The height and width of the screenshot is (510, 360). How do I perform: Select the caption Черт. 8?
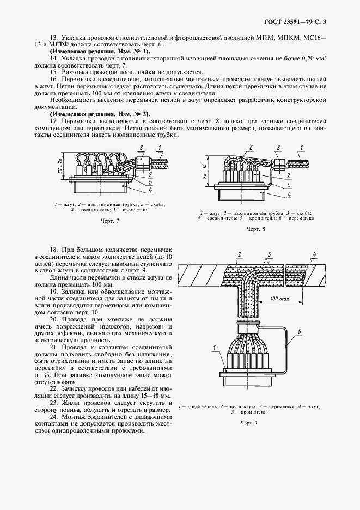(x=256, y=229)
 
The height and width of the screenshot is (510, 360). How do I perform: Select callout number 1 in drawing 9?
(x=215, y=347)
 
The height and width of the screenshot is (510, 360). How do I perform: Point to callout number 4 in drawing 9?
(x=314, y=253)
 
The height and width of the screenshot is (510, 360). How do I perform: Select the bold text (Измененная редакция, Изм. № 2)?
(x=100, y=113)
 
